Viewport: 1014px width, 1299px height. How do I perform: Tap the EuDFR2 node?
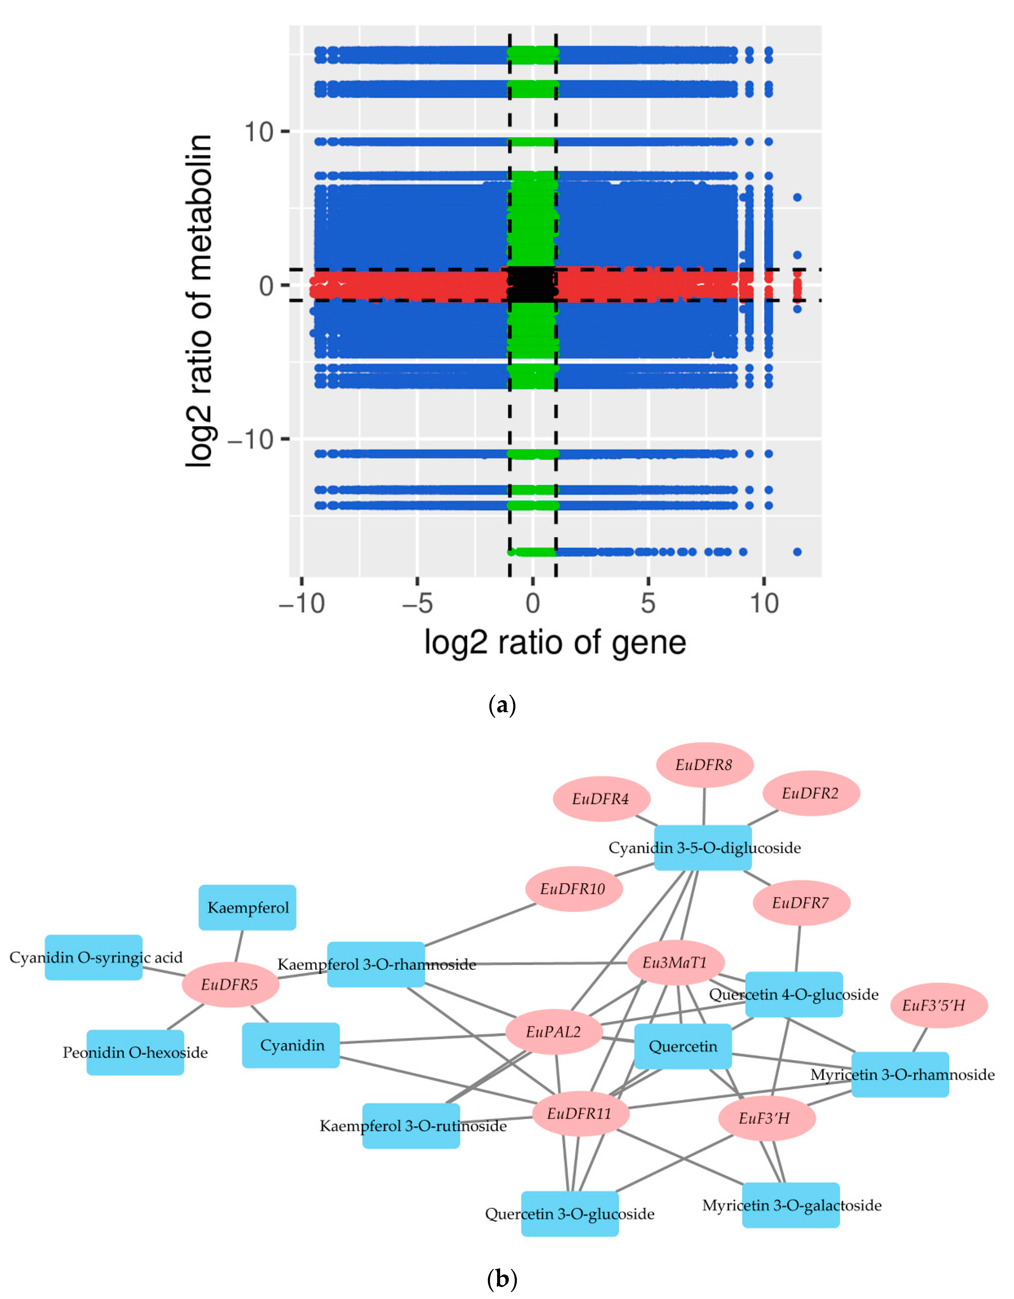(x=811, y=794)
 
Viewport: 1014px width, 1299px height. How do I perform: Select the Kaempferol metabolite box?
(x=247, y=908)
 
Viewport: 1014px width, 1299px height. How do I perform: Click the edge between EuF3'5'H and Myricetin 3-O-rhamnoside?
(x=919, y=1040)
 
